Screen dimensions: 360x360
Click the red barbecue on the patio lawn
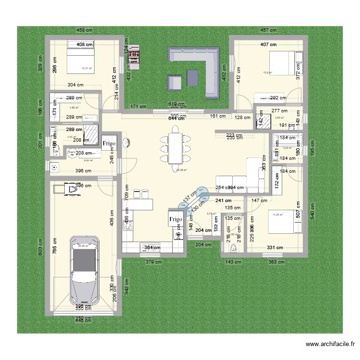click(x=132, y=56)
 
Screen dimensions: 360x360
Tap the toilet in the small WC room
click(x=234, y=248)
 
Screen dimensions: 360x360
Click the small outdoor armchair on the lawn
click(x=175, y=83)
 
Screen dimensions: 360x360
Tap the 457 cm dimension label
click(x=268, y=30)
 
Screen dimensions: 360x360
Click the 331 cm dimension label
click(x=275, y=248)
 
